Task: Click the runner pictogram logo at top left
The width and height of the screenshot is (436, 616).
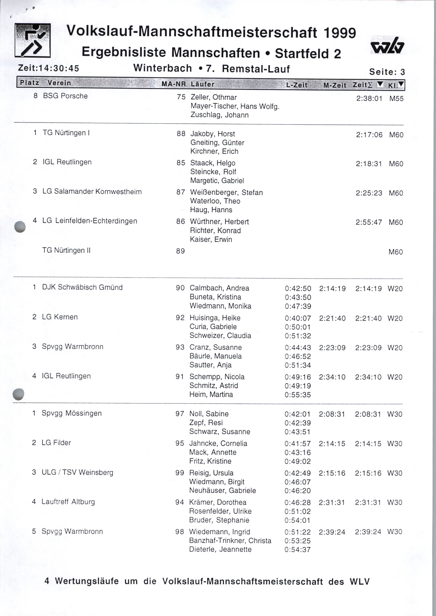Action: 33,40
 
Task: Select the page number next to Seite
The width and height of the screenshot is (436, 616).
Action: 402,72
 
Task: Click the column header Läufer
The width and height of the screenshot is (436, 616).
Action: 202,84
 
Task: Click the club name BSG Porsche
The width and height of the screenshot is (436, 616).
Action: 65,96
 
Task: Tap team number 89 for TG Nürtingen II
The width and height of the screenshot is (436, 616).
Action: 180,251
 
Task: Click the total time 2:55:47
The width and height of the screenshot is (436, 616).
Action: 369,222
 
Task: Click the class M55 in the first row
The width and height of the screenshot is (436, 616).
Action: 396,98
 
